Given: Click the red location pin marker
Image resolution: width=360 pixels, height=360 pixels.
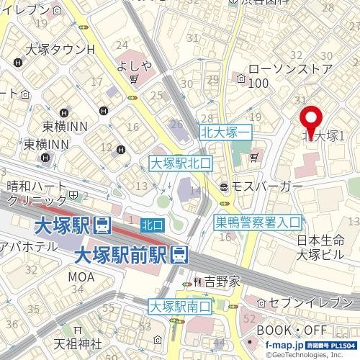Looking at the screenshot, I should (x=311, y=121).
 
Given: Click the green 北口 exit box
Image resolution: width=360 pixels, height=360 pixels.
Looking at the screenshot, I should (x=152, y=225).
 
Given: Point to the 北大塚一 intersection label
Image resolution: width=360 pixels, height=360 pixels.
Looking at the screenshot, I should (x=225, y=132).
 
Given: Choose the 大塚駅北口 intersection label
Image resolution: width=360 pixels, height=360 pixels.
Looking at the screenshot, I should (x=180, y=163).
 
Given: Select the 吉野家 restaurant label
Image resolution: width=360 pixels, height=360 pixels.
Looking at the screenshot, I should (x=221, y=282).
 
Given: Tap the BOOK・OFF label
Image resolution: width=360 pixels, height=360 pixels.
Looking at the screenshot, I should (x=292, y=330).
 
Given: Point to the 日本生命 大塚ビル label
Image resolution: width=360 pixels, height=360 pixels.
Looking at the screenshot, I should (x=320, y=248).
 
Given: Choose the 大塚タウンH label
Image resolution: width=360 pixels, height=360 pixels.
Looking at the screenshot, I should (x=60, y=50).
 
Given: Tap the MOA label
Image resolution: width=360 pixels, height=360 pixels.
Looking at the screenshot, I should (x=81, y=276).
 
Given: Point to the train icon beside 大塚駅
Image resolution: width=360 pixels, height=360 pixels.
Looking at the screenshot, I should (x=102, y=225).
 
